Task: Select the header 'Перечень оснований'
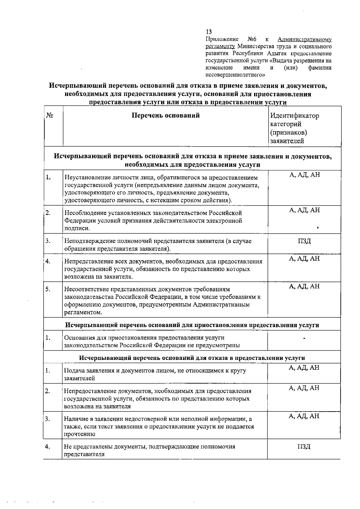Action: point(166,115)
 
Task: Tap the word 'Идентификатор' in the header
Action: point(295,116)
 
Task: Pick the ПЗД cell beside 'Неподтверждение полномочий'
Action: point(304,241)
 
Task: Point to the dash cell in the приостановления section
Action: point(304,339)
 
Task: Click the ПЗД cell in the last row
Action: point(304,447)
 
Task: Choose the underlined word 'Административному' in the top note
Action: point(304,39)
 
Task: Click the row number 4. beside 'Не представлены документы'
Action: point(47,447)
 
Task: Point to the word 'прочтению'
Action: point(79,434)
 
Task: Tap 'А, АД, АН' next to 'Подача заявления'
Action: point(304,368)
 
